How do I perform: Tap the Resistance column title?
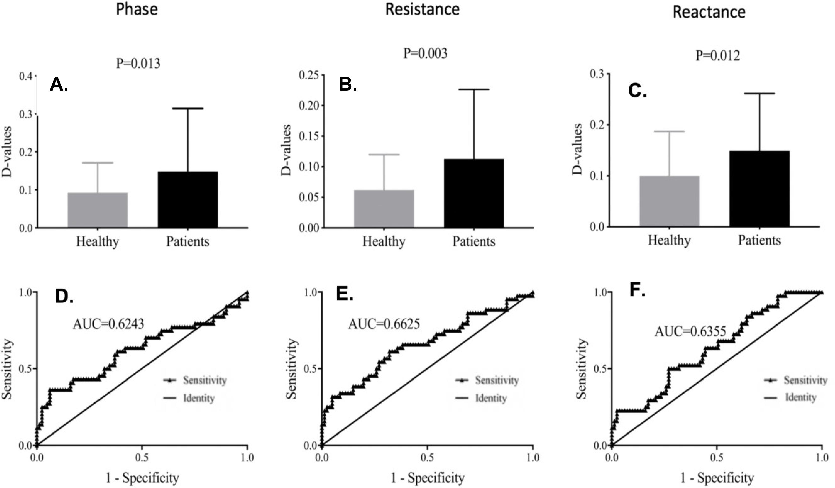(422, 9)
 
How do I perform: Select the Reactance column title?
(709, 12)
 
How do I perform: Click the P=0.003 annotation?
(425, 53)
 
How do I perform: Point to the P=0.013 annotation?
(138, 63)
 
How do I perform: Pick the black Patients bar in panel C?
(759, 189)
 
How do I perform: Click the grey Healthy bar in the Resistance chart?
(384, 208)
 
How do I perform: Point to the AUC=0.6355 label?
(691, 331)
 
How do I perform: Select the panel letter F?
(637, 290)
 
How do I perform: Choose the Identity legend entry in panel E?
(491, 398)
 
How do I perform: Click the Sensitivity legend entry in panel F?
(805, 380)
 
